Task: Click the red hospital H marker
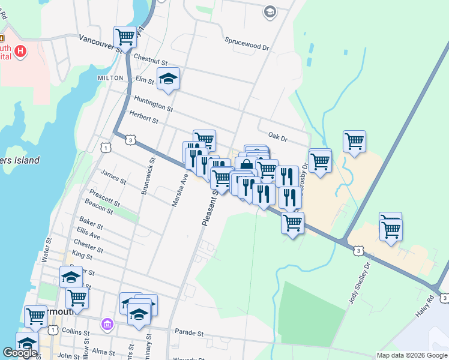pyautogui.click(x=21, y=51)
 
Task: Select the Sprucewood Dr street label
pyautogui.click(x=247, y=43)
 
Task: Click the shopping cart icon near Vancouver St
pyautogui.click(x=125, y=36)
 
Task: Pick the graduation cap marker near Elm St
pyautogui.click(x=169, y=77)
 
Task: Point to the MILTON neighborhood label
pyautogui.click(x=110, y=78)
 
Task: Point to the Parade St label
pyautogui.click(x=189, y=332)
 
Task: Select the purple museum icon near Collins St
pyautogui.click(x=107, y=325)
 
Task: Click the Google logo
pyautogui.click(x=20, y=353)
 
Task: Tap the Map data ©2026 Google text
pyautogui.click(x=411, y=355)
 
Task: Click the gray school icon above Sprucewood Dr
pyautogui.click(x=270, y=11)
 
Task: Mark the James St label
pyautogui.click(x=113, y=177)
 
